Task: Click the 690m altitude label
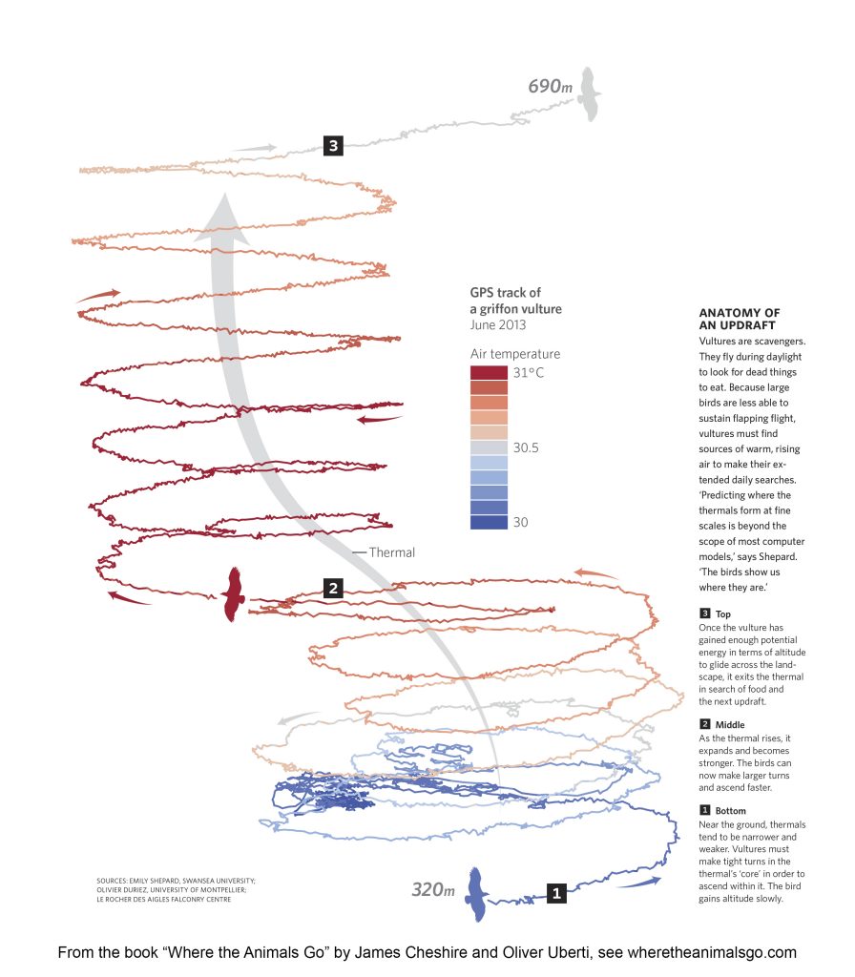[550, 86]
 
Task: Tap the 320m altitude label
[433, 890]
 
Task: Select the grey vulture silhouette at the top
[588, 94]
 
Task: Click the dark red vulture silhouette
[234, 594]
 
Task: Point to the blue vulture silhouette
[477, 894]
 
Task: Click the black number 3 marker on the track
[333, 146]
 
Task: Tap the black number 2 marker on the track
[333, 588]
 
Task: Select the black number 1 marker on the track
[556, 893]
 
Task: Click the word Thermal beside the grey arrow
[391, 552]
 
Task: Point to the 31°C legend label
[529, 373]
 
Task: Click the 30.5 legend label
[526, 447]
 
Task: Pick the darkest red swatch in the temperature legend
[490, 373]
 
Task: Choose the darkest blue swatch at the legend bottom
[490, 522]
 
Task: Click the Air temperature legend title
[515, 354]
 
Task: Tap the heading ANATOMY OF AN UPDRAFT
[740, 319]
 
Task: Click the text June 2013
[498, 324]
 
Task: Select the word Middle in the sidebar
[730, 725]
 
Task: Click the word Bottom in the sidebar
[730, 811]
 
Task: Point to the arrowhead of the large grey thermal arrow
[223, 218]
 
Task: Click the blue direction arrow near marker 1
[639, 883]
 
